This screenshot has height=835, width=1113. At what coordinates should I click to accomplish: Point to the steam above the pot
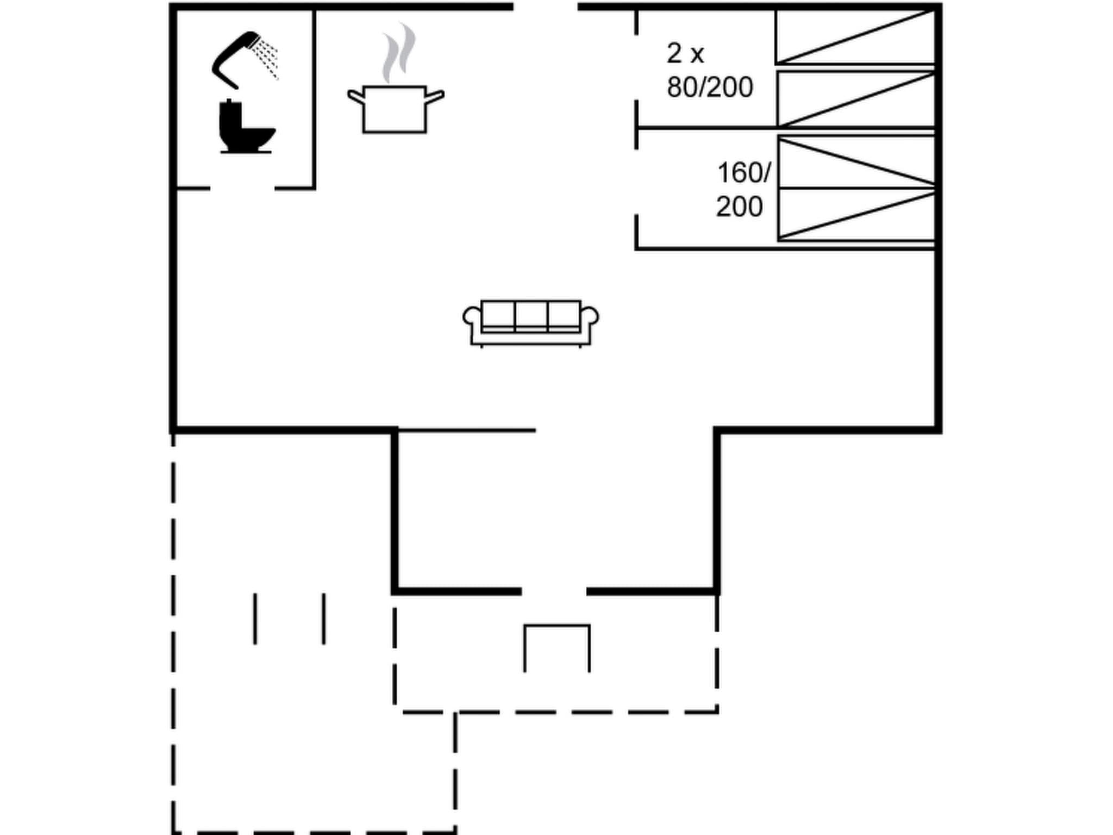(398, 53)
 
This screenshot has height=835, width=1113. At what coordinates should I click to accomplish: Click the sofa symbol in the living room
(530, 322)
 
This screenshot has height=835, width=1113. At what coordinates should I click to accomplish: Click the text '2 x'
(685, 53)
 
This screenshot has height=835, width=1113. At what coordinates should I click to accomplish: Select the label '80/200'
(710, 87)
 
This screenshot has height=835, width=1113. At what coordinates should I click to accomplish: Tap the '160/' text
(743, 173)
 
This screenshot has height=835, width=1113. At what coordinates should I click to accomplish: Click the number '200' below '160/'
(739, 207)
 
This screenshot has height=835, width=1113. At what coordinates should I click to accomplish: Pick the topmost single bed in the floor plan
(855, 37)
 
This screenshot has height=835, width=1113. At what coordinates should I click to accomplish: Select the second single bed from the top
(855, 99)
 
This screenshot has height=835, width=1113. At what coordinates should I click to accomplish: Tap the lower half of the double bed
(856, 215)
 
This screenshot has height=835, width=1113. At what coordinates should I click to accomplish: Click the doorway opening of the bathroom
(242, 189)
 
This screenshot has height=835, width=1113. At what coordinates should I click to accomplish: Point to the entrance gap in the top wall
(545, 7)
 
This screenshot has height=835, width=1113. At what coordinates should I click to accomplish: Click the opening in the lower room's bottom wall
(554, 591)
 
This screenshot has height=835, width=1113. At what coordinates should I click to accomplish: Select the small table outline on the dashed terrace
(556, 647)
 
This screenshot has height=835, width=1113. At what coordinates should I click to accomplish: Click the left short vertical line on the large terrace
(255, 619)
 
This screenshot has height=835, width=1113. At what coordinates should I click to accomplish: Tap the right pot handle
(435, 97)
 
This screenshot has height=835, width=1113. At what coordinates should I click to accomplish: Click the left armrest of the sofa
(472, 317)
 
